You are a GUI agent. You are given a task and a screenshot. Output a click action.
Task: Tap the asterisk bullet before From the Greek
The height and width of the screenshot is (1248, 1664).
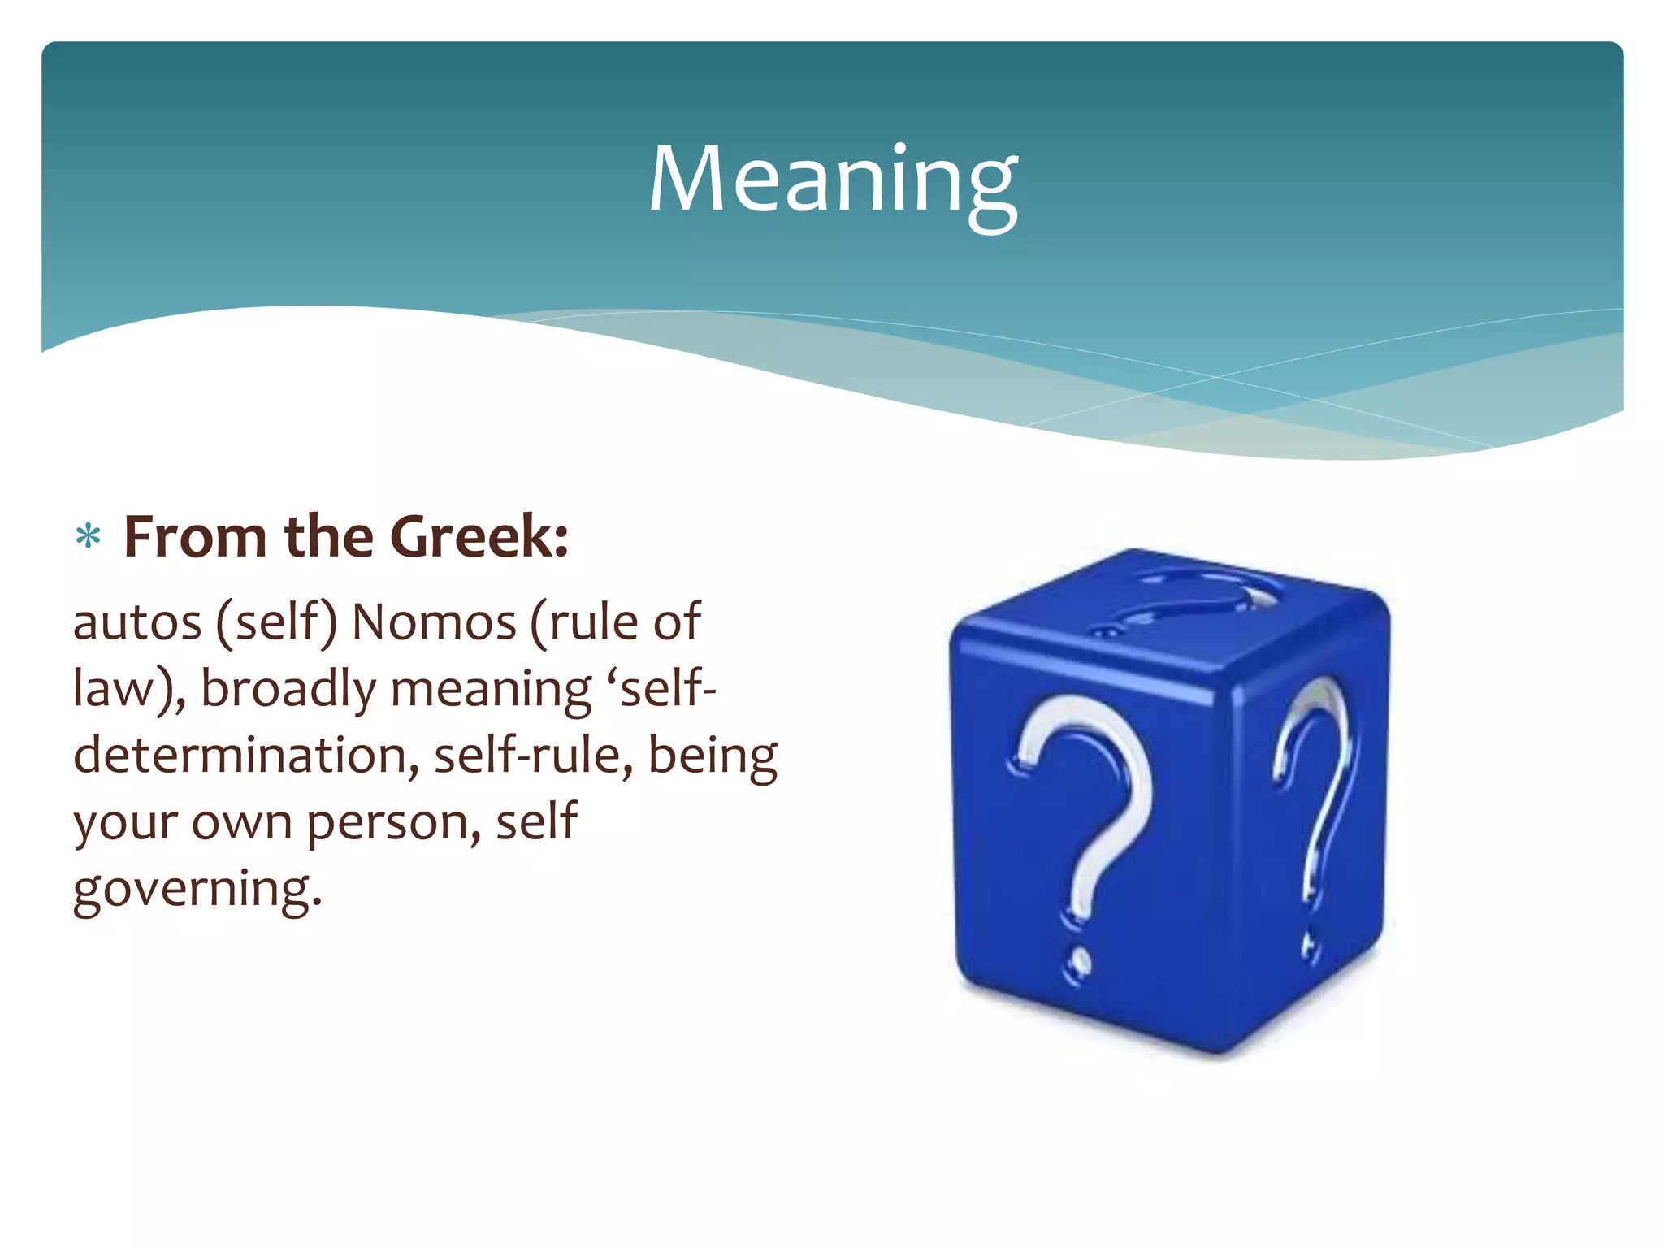pos(88,537)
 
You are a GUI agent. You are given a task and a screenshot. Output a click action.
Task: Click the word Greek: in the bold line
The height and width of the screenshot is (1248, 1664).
pos(479,537)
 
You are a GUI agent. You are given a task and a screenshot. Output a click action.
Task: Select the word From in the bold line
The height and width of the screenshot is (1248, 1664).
pos(195,537)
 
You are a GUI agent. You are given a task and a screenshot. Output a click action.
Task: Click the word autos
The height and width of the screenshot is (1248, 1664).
pos(136,623)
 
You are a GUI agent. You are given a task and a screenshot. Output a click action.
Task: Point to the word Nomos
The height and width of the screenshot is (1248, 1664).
pos(434,623)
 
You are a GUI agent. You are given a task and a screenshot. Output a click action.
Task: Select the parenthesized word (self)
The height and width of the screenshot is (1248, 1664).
pos(276,623)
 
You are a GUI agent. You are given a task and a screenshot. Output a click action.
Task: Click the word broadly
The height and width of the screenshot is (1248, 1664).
pos(288,690)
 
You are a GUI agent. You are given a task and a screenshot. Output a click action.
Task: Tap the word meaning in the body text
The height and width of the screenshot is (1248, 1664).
pos(491,690)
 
